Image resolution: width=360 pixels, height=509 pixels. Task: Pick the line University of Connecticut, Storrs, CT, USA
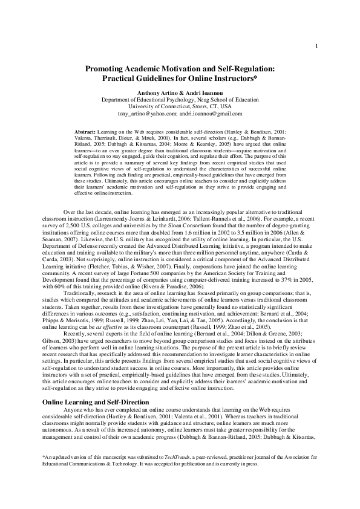[179, 106]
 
